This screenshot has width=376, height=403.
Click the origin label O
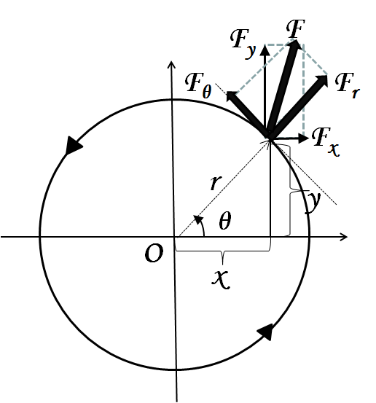click(x=154, y=253)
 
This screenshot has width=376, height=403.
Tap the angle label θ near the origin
click(x=225, y=220)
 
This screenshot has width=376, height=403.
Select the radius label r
click(x=216, y=182)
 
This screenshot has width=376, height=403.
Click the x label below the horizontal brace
click(x=221, y=279)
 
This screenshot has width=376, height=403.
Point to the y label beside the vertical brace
click(x=313, y=203)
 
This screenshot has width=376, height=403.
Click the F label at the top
click(x=296, y=28)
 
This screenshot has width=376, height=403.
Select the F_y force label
click(x=243, y=43)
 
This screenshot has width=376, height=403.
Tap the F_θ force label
click(x=198, y=85)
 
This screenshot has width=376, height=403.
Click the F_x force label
click(x=326, y=142)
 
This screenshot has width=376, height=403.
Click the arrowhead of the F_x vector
click(x=303, y=138)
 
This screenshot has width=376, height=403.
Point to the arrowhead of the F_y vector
click(x=265, y=50)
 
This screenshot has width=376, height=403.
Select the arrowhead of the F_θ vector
click(x=232, y=97)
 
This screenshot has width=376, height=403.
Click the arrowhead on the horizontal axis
click(x=344, y=237)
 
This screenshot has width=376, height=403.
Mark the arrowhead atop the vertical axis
click(x=171, y=65)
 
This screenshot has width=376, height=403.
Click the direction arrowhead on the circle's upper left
click(x=73, y=145)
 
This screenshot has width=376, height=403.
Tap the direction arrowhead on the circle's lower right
click(x=265, y=332)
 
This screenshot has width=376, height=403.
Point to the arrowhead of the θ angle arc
click(x=198, y=219)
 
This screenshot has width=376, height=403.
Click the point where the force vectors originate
click(x=270, y=138)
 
